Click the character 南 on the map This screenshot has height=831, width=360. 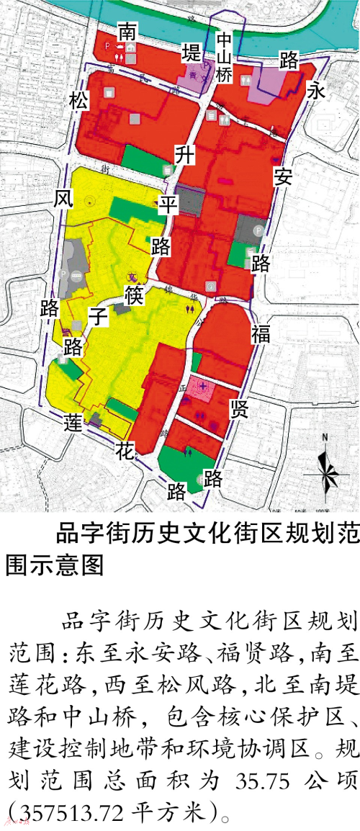tap(127, 32)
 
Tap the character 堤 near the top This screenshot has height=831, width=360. tap(191, 52)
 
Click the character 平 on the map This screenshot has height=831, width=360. tap(168, 204)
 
